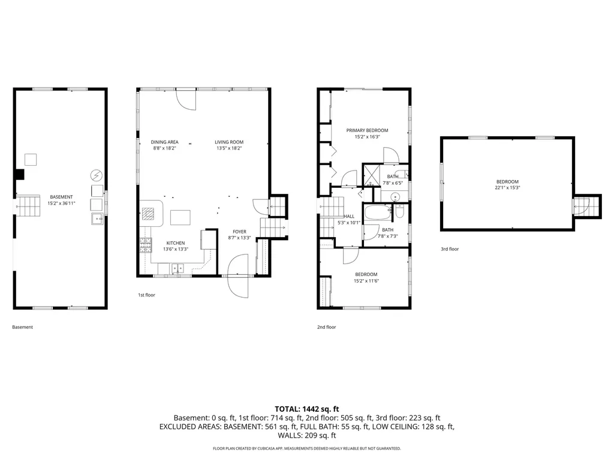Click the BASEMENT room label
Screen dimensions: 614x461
click(x=61, y=197)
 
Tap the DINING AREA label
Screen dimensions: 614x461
click(x=164, y=142)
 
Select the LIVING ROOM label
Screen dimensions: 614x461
click(x=229, y=142)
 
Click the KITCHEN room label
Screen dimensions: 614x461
click(x=176, y=243)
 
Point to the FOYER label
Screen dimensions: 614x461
click(x=239, y=232)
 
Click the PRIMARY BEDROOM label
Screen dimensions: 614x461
click(x=367, y=130)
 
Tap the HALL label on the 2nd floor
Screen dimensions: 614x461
click(x=349, y=216)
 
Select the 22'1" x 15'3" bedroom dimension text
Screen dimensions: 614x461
click(x=507, y=188)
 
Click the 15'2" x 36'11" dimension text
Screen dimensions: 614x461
click(x=61, y=203)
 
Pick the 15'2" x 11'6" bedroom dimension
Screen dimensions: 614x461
click(x=366, y=281)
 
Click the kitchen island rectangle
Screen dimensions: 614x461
click(x=180, y=217)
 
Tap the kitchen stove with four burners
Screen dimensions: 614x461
click(x=146, y=245)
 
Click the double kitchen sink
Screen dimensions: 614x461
click(x=177, y=268)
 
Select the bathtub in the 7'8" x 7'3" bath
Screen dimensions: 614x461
click(x=378, y=213)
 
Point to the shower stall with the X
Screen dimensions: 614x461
click(x=372, y=175)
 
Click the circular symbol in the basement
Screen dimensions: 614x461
click(x=97, y=175)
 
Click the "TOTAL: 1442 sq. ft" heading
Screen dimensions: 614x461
click(x=306, y=409)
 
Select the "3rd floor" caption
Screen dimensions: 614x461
click(x=450, y=249)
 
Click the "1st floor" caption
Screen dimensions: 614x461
click(x=146, y=295)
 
